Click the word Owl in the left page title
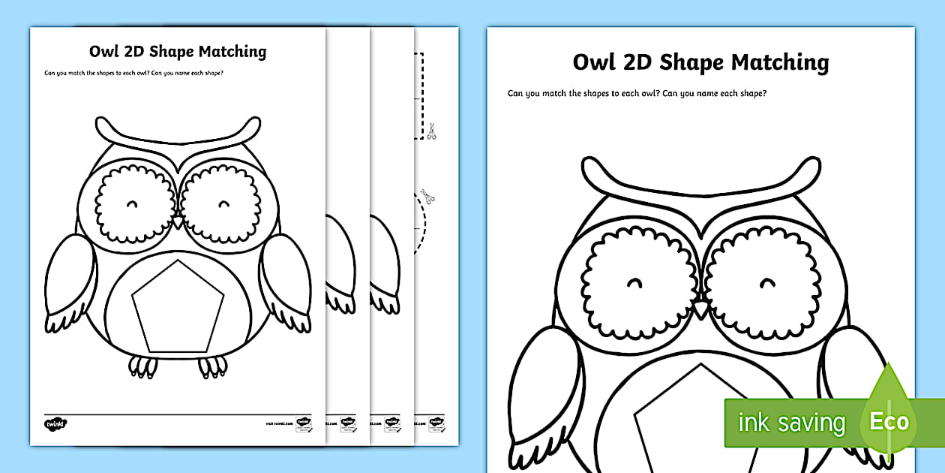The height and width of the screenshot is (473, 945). tap(105, 52)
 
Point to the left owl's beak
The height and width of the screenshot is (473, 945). tap(178, 223)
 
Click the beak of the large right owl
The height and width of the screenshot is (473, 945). tap(700, 310)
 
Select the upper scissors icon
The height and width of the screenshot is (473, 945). tap(431, 133)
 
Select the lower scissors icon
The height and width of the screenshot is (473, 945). tap(427, 197)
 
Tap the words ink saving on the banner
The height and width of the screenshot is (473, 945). tap(790, 423)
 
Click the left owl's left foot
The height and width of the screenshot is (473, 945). tap(143, 366)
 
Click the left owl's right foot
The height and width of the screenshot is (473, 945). tap(212, 366)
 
